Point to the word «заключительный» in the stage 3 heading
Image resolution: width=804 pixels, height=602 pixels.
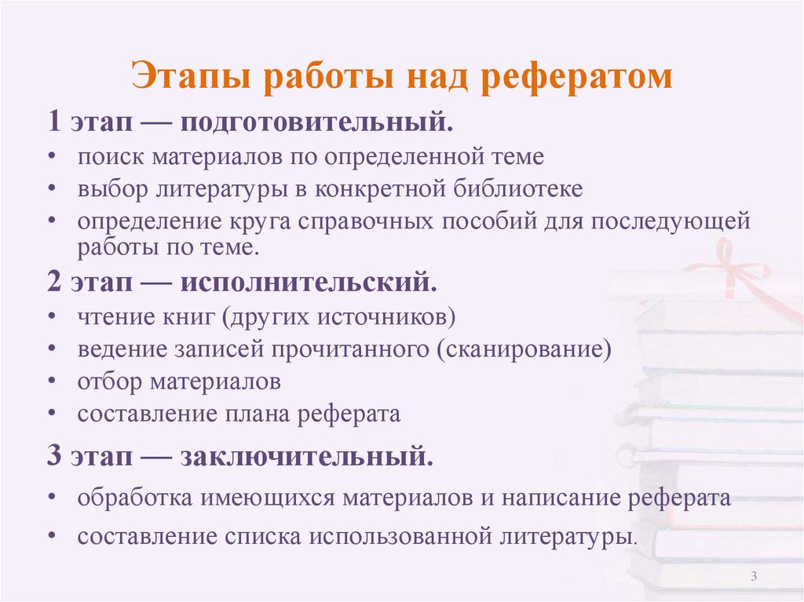tap(307, 457)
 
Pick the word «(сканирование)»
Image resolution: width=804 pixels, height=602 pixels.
tap(520, 348)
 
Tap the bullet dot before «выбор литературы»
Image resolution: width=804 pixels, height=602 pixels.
tap(51, 189)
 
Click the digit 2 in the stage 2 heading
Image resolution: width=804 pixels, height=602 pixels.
tap(54, 283)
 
